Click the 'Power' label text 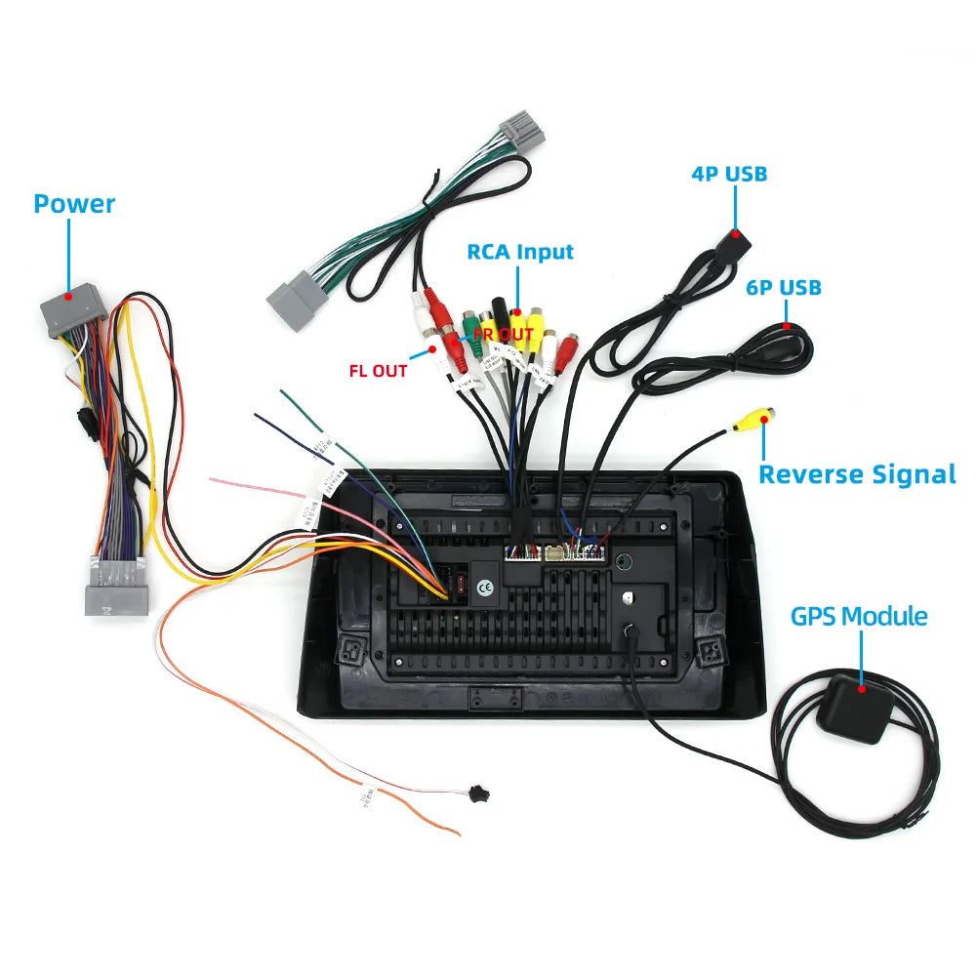[74, 204]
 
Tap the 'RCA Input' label [520, 252]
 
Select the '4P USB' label [729, 175]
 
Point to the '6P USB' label [784, 288]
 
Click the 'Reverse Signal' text [857, 475]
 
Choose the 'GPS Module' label [859, 617]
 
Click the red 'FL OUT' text [378, 371]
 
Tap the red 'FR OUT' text [504, 335]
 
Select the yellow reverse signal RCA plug [755, 420]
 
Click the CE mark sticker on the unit [485, 588]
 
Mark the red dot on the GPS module [862, 688]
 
